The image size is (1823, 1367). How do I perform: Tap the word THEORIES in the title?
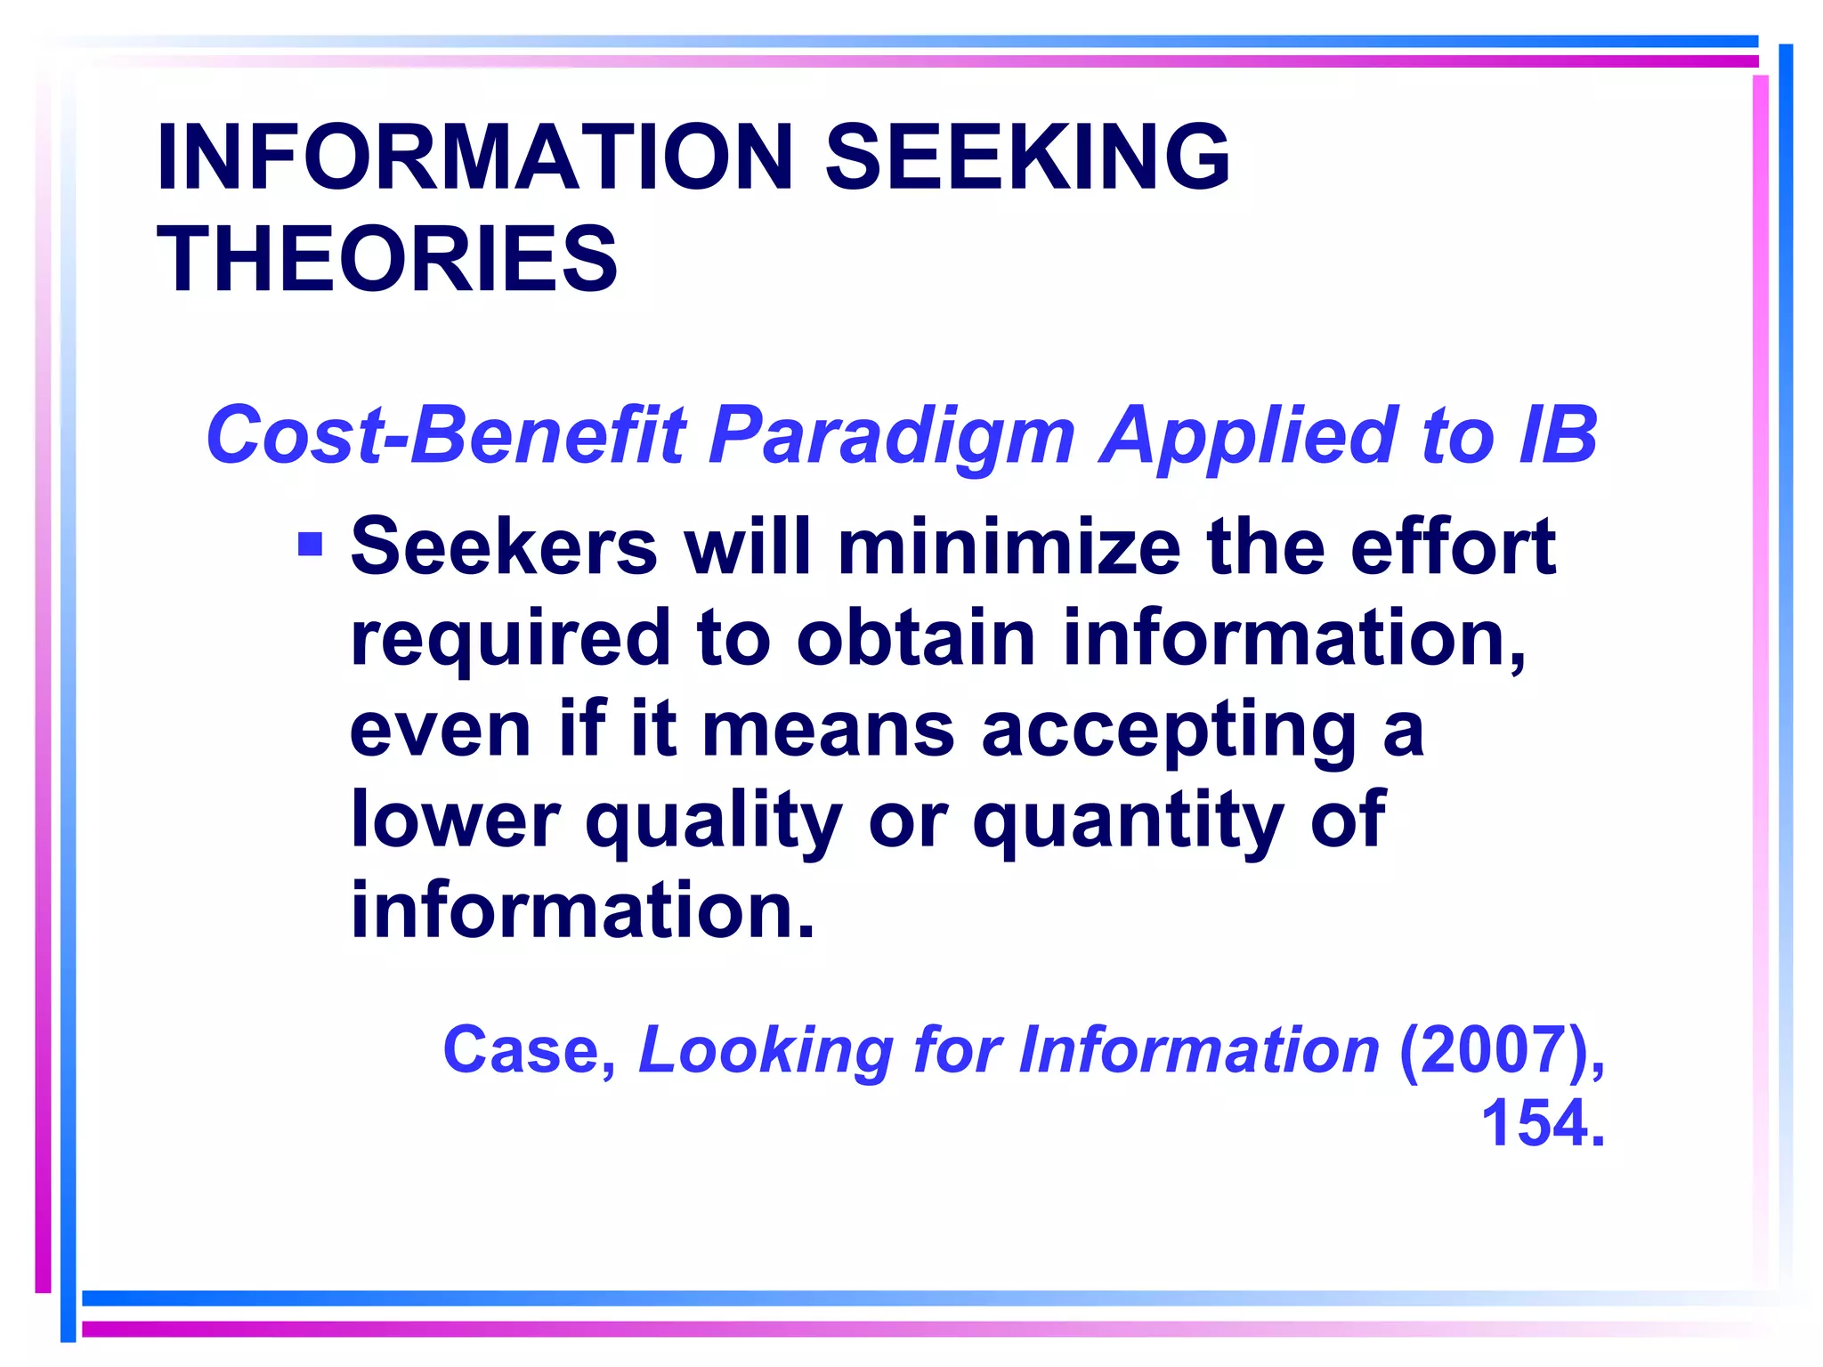tap(387, 259)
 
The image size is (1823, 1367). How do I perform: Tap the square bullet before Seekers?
tap(310, 544)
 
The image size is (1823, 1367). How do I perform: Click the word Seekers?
tap(504, 546)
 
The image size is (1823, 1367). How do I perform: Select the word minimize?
tap(1009, 546)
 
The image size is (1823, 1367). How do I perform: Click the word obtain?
tap(916, 638)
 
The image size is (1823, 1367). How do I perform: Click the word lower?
tap(455, 820)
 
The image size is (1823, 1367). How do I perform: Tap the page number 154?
tap(1542, 1124)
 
